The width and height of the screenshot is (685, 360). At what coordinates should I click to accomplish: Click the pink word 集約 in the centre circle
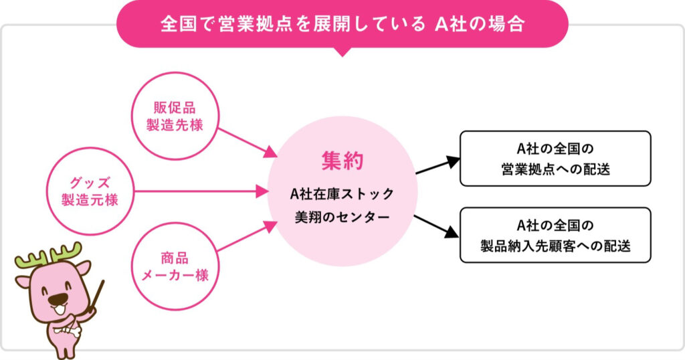[342, 161]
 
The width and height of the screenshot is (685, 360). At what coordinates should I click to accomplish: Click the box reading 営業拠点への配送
[555, 159]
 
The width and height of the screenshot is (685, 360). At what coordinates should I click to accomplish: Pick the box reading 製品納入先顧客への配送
[555, 235]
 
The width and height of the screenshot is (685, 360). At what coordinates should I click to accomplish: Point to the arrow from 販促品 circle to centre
[248, 143]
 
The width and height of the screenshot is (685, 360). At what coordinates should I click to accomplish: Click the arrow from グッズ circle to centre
[201, 191]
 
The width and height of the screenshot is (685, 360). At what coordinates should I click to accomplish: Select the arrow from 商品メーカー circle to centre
[248, 236]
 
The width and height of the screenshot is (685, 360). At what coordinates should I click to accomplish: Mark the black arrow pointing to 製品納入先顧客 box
[436, 226]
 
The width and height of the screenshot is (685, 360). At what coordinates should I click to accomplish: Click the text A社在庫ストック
[342, 193]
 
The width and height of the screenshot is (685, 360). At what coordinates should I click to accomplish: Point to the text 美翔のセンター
[342, 217]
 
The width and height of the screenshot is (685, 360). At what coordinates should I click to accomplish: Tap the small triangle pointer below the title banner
[342, 52]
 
